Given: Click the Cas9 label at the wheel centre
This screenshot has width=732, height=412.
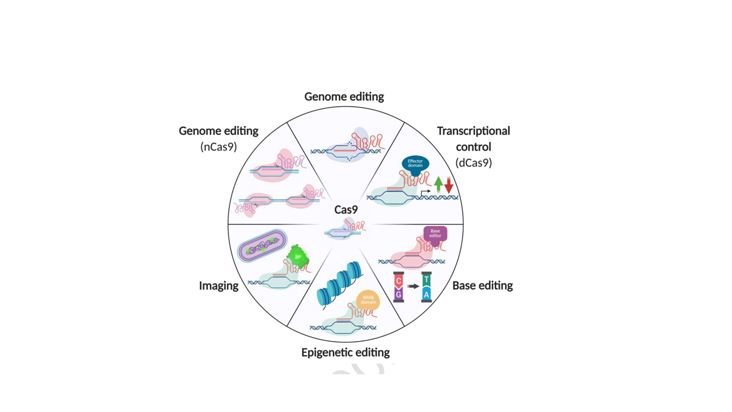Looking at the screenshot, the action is pos(346,209).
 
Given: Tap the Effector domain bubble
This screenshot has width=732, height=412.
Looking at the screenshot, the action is pos(415,164).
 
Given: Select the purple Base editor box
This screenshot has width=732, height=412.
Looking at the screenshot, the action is pos(435,234).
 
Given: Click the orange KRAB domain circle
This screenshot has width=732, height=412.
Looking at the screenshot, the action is pos(368,300).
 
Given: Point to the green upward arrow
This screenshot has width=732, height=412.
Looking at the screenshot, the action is pos(439,185).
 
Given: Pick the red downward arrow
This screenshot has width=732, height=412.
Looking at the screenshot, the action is pos(449,185).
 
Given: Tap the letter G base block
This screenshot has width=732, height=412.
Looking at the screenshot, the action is pos(399,294).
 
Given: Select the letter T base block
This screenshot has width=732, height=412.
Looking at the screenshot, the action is pos(426,280).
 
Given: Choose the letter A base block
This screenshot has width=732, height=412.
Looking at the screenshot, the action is pos(426,294).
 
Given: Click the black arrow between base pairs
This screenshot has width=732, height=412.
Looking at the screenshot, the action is pos(413,287).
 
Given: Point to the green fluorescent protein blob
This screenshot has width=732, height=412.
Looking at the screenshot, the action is pos(297,257).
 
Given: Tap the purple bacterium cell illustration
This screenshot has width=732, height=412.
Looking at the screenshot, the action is pos(262,245).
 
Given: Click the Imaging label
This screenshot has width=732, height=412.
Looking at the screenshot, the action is pos(218,286).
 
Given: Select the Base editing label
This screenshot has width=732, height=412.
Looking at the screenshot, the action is pos(483,286).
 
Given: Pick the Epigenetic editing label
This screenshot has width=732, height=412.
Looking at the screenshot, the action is pos(345,352).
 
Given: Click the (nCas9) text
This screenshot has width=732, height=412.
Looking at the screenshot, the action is pos(218,147).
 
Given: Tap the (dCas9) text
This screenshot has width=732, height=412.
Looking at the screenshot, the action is pos(474,163).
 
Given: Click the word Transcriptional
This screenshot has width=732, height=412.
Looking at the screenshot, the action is pos(474,131).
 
